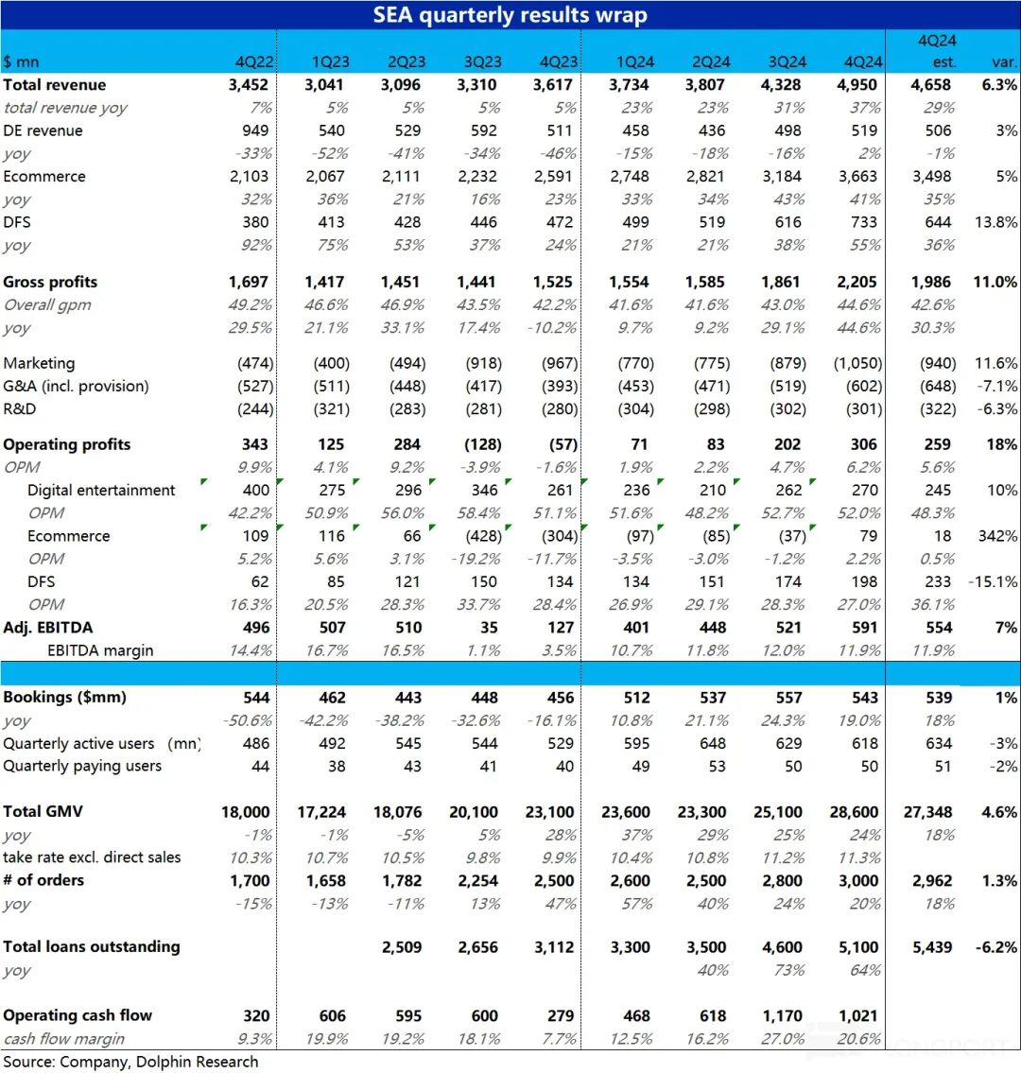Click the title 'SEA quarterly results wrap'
pyautogui.click(x=510, y=15)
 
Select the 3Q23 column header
pyautogui.click(x=482, y=61)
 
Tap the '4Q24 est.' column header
pyautogui.click(x=937, y=51)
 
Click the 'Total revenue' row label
pyautogui.click(x=55, y=85)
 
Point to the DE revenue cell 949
pyautogui.click(x=255, y=130)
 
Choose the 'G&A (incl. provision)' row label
pyautogui.click(x=76, y=386)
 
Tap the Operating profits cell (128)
pyautogui.click(x=482, y=444)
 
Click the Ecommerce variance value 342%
pyautogui.click(x=997, y=536)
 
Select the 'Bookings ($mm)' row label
pyautogui.click(x=65, y=698)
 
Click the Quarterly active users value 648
pyautogui.click(x=713, y=743)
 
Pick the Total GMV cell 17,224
pyautogui.click(x=320, y=812)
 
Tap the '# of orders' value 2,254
pyautogui.click(x=477, y=881)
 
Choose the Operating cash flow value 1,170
pyautogui.click(x=782, y=1016)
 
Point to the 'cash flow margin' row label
pyautogui.click(x=64, y=1039)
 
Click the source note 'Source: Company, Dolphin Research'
pyautogui.click(x=130, y=1062)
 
